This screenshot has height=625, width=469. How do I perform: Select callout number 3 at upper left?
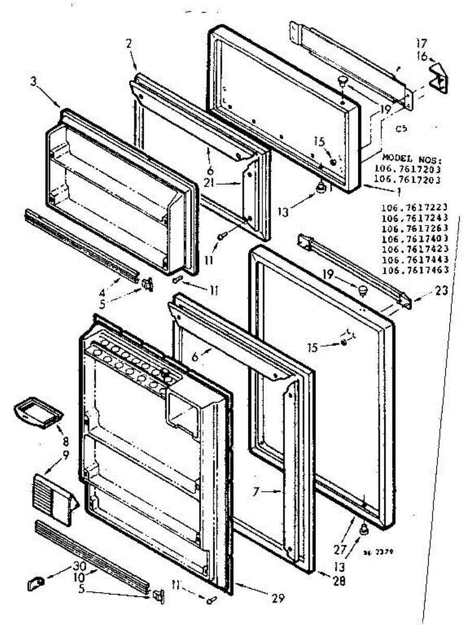click(33, 82)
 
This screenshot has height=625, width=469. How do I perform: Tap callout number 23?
click(441, 292)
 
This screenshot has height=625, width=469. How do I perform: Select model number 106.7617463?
click(415, 270)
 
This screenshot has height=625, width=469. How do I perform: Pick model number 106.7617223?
click(415, 207)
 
